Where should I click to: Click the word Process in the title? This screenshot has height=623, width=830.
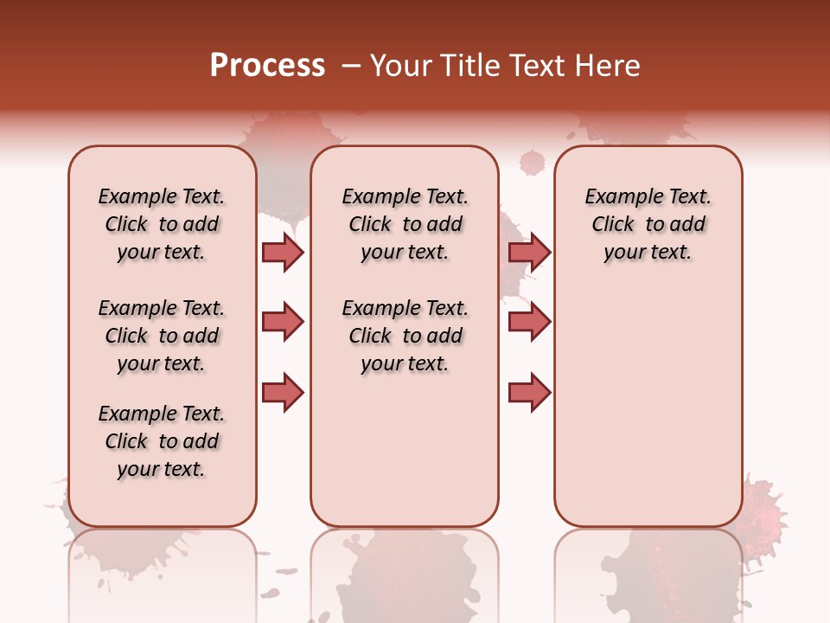267,66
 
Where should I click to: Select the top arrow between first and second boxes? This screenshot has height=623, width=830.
283,252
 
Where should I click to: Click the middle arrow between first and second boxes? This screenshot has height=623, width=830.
283,322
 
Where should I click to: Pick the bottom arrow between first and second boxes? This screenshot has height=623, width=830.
283,393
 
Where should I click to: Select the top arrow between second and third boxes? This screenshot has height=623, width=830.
529,252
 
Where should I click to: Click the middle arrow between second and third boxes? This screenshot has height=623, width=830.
529,322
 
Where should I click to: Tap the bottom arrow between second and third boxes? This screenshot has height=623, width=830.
529,393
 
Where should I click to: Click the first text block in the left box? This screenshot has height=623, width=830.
162,224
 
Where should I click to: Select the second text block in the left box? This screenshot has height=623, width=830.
162,336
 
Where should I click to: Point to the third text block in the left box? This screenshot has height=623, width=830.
162,441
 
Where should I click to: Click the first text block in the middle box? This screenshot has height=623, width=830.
405,224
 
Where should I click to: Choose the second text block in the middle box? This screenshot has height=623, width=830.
405,336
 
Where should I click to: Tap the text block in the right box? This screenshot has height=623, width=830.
648,224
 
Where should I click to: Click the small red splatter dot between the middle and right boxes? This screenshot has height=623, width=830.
532,162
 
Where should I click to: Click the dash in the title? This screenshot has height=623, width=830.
351,66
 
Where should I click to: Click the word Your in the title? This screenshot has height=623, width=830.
399,66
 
